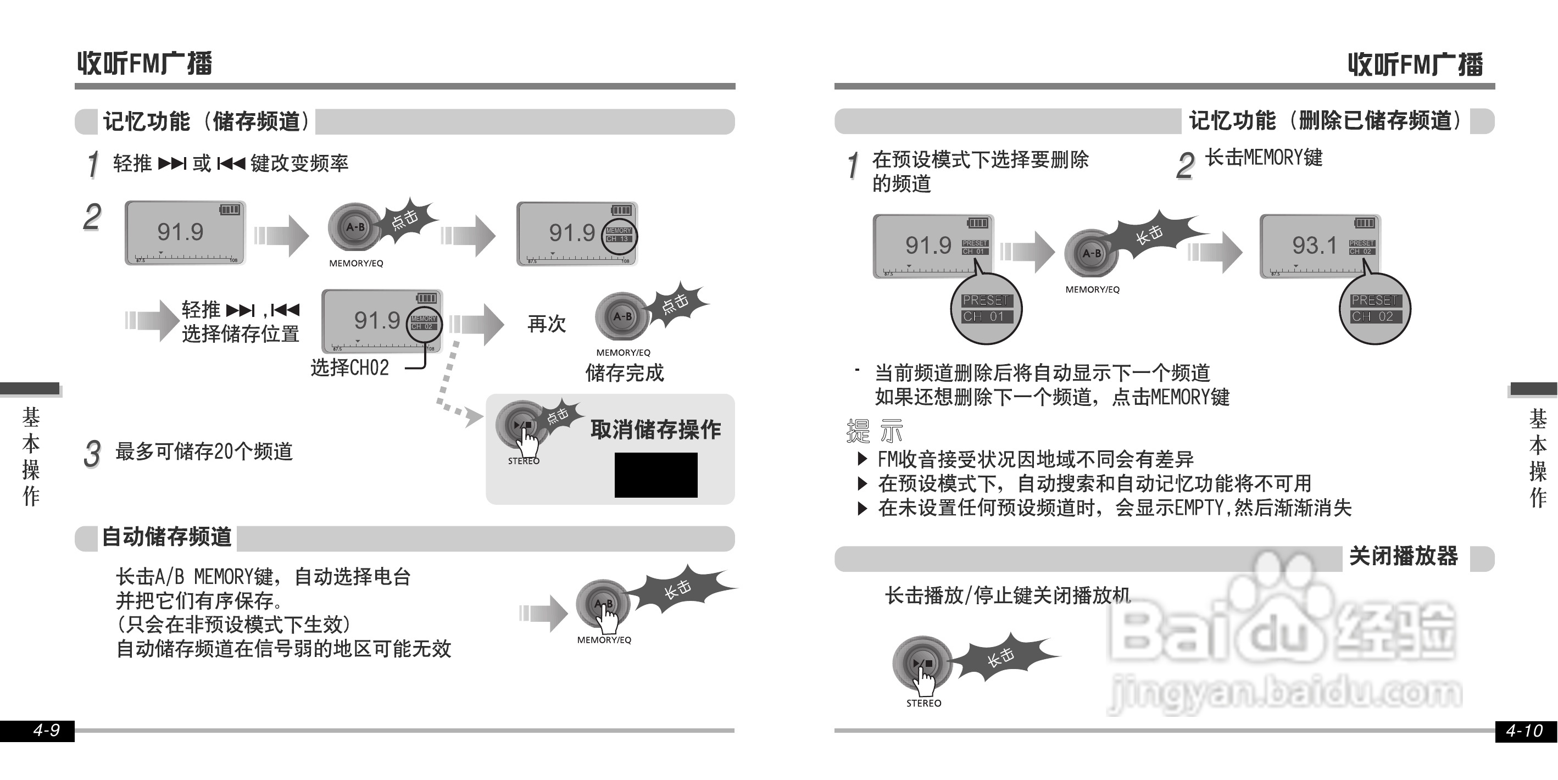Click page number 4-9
pyautogui.click(x=46, y=731)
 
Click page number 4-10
pyautogui.click(x=1523, y=731)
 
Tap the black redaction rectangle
pyautogui.click(x=655, y=475)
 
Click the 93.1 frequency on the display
pyautogui.click(x=1314, y=246)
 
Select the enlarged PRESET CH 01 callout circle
pyautogui.click(x=986, y=308)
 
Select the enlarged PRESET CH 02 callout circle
pyautogui.click(x=1375, y=308)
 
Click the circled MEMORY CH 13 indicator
pyautogui.click(x=619, y=235)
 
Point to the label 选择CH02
pyautogui.click(x=349, y=367)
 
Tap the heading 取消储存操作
pyautogui.click(x=655, y=430)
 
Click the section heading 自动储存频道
pyautogui.click(x=167, y=537)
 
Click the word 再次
pyautogui.click(x=547, y=324)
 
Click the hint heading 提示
pyautogui.click(x=875, y=431)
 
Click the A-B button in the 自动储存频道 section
pyautogui.click(x=603, y=604)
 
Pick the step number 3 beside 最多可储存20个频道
pyautogui.click(x=92, y=454)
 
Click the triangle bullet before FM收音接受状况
pyautogui.click(x=863, y=459)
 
